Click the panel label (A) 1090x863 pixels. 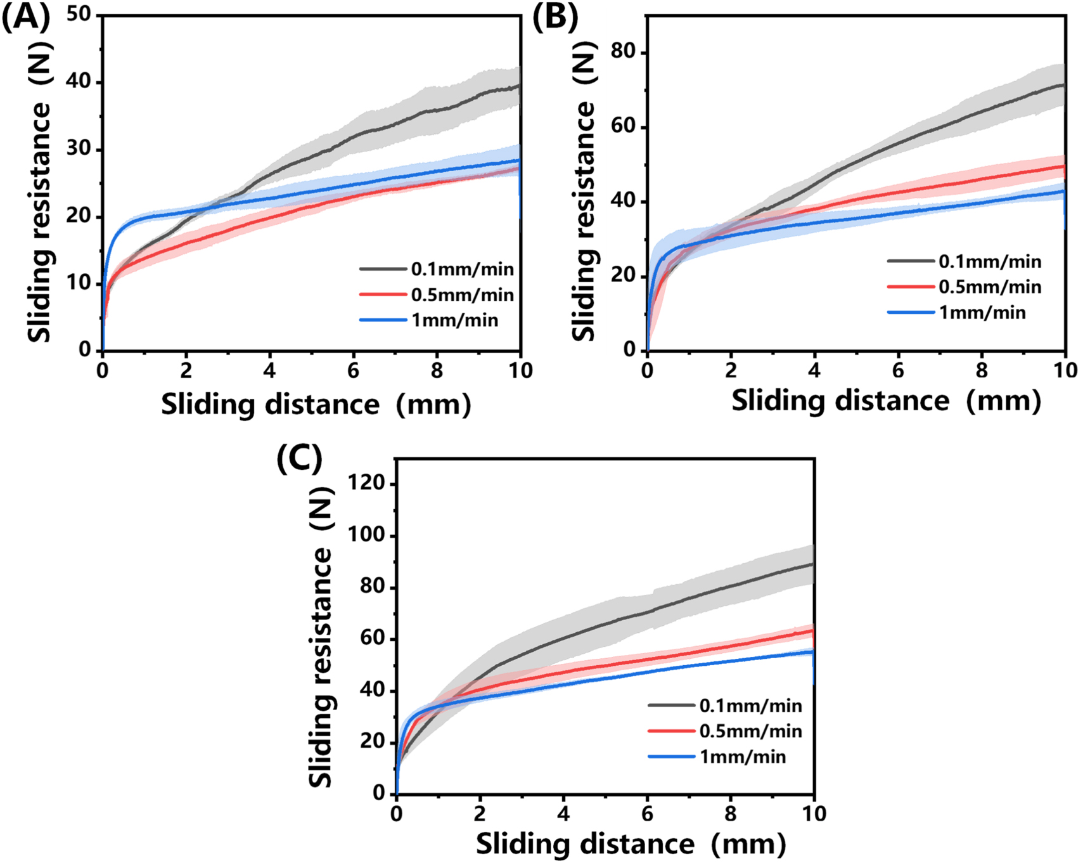coord(25,17)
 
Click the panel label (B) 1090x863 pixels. coord(555,17)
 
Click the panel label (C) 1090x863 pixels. coord(300,458)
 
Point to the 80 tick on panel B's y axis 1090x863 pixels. coord(624,52)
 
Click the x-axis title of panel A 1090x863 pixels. coord(316,405)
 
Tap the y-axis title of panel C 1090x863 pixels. coord(321,637)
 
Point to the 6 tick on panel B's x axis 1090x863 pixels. coord(898,370)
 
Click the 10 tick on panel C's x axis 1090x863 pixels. coord(814,814)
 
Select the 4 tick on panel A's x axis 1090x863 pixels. coord(270,370)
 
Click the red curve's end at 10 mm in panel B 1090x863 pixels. coord(1064,166)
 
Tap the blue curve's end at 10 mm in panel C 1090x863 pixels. coord(812,651)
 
